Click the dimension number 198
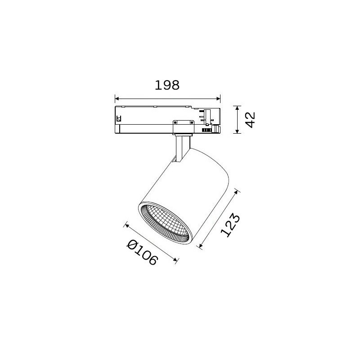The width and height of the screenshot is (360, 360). click(167, 85)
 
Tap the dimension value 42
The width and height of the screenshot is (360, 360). click(250, 120)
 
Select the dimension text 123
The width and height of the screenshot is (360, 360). click(230, 225)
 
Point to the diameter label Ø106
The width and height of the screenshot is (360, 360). click(142, 252)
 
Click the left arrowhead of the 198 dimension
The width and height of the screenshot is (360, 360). click(117, 99)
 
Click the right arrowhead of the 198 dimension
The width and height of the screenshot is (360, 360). click(218, 99)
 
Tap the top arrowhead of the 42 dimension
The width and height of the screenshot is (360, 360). click(237, 108)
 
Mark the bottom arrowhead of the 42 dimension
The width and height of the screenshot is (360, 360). click(237, 131)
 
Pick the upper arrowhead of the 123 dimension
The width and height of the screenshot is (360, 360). click(236, 193)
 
